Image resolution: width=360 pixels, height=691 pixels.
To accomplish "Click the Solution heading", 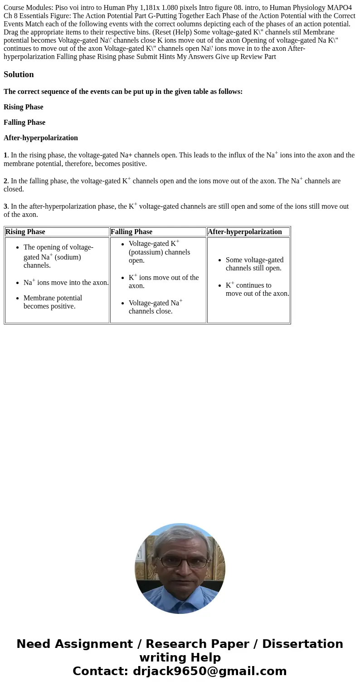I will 19,74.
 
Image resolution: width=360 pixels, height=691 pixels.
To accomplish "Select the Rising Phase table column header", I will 25,232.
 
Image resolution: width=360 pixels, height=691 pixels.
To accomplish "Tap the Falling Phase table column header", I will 131,232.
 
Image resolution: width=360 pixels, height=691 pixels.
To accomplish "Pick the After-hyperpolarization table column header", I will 245,232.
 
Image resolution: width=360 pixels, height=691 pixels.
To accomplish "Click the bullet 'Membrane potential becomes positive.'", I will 53,302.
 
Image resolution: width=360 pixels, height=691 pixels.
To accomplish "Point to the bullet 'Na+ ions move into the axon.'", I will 66,283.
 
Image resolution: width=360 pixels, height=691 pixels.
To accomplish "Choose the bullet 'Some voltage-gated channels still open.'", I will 254,264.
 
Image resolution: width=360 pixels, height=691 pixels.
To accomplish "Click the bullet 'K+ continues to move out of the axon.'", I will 257,289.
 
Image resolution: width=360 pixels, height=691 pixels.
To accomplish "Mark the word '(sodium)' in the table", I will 68,257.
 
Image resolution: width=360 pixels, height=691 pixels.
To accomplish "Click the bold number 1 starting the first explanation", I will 5,155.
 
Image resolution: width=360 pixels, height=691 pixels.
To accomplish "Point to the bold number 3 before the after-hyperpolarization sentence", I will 5,206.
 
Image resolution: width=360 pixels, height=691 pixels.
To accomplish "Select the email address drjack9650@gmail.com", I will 209,671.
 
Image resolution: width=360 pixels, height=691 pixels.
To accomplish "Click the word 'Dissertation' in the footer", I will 302,644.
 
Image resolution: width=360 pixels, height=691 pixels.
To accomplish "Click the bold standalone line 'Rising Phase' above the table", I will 24,107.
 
